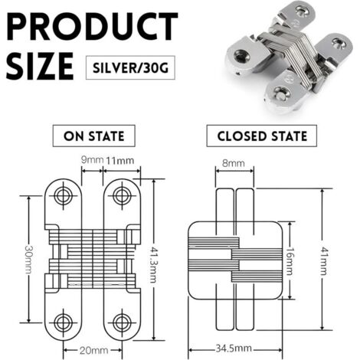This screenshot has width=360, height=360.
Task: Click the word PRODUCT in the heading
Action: [x=92, y=26]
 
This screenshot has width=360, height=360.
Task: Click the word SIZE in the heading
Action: [x=40, y=66]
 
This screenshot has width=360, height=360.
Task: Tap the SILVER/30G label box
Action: [x=130, y=67]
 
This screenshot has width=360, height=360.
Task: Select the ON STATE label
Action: [x=94, y=136]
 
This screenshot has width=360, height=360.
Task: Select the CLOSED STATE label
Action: [x=262, y=136]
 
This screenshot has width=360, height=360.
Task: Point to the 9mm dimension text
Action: [x=92, y=160]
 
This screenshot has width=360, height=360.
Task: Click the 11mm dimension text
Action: [x=119, y=161]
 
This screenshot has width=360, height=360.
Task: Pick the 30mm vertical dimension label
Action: [x=29, y=259]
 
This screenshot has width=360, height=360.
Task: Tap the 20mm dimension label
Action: [x=93, y=350]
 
